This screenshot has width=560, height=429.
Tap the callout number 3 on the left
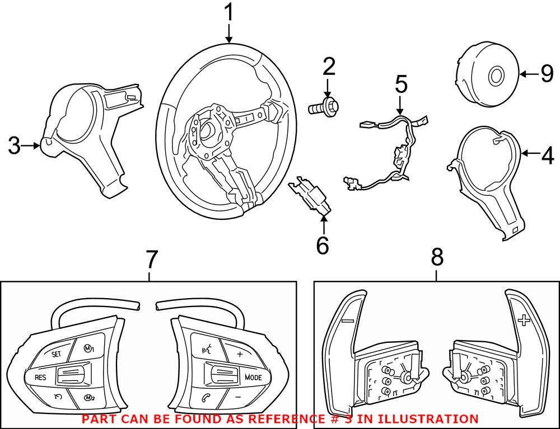14,147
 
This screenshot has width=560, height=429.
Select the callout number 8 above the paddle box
437,258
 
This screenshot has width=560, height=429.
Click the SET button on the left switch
57,354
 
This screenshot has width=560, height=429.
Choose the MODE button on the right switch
253,377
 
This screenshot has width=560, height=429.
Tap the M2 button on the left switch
88,398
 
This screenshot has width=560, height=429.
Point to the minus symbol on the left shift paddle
347,321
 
